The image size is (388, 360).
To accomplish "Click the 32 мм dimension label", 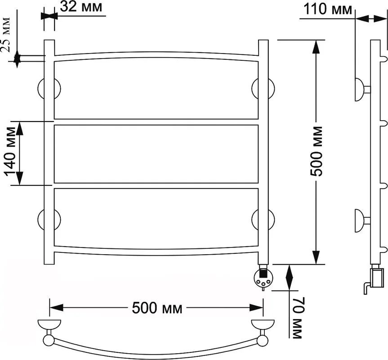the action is [x=80, y=7].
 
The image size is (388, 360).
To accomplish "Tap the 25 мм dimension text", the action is [x=6, y=34].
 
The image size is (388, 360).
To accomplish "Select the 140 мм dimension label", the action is [x=10, y=154].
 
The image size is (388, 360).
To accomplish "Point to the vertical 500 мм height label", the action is [x=317, y=151].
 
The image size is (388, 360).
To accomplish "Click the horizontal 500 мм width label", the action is [x=157, y=308].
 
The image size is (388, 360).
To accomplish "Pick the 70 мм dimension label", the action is [x=298, y=318].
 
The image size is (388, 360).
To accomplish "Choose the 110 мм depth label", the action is [x=327, y=9].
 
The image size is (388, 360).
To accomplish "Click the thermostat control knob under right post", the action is [x=263, y=278].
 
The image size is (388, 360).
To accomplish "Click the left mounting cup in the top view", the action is [x=49, y=324].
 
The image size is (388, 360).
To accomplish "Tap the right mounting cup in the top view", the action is [x=263, y=324].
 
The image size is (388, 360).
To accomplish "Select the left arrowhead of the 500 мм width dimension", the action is [x=56, y=308].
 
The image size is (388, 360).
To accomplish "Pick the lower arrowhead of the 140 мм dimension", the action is [x=20, y=178].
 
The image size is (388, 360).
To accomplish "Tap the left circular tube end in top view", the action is [x=49, y=341].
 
